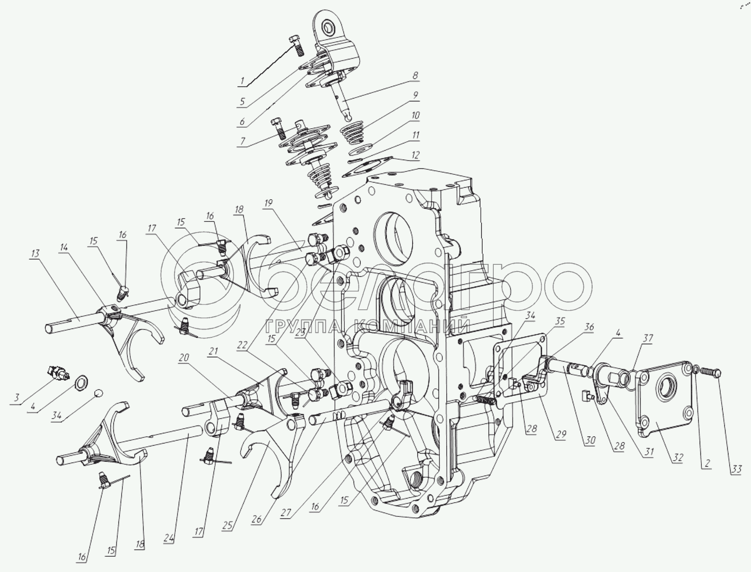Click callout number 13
[x=35, y=254]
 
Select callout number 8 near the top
[x=415, y=76]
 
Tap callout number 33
[x=736, y=469]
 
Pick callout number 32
[x=678, y=458]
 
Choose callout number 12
[x=415, y=155]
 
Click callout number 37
[x=647, y=338]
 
